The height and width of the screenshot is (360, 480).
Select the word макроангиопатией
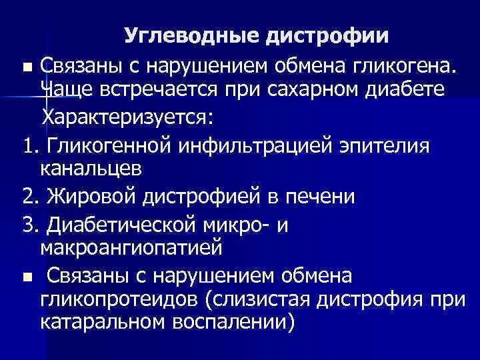pyautogui.click(x=130, y=249)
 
